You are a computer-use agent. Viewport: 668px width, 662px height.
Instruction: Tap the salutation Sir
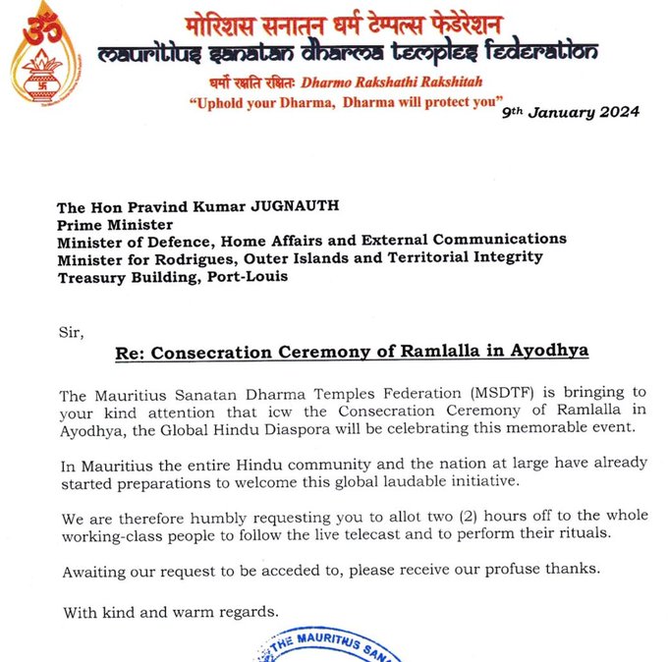70,334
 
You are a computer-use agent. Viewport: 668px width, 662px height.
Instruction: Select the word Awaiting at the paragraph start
96,571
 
